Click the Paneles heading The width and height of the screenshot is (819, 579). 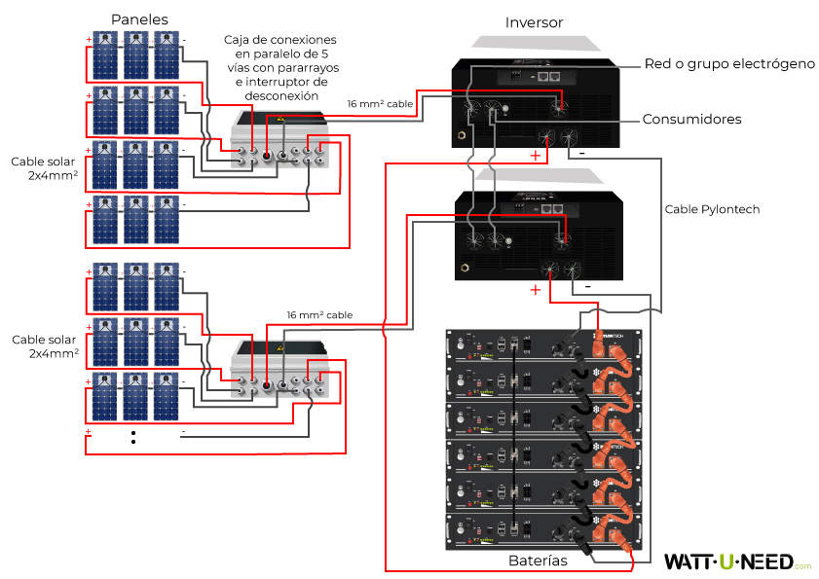pos(139,19)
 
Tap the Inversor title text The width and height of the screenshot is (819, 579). pos(534,21)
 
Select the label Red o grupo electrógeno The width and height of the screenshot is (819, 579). pos(729,63)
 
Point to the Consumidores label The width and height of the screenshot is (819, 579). pos(691,120)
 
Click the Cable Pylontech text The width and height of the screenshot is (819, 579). pos(712,209)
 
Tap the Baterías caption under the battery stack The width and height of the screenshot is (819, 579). pos(539,561)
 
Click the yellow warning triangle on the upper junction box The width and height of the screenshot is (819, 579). pos(280,119)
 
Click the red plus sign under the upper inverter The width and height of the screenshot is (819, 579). pos(534,155)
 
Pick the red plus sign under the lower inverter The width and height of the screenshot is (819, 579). pos(534,290)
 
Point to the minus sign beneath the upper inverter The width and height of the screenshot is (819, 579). pos(582,154)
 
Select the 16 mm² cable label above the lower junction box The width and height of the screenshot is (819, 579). pos(319,315)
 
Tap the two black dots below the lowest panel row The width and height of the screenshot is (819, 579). pos(133,436)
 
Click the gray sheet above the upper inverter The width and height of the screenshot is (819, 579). pos(534,44)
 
